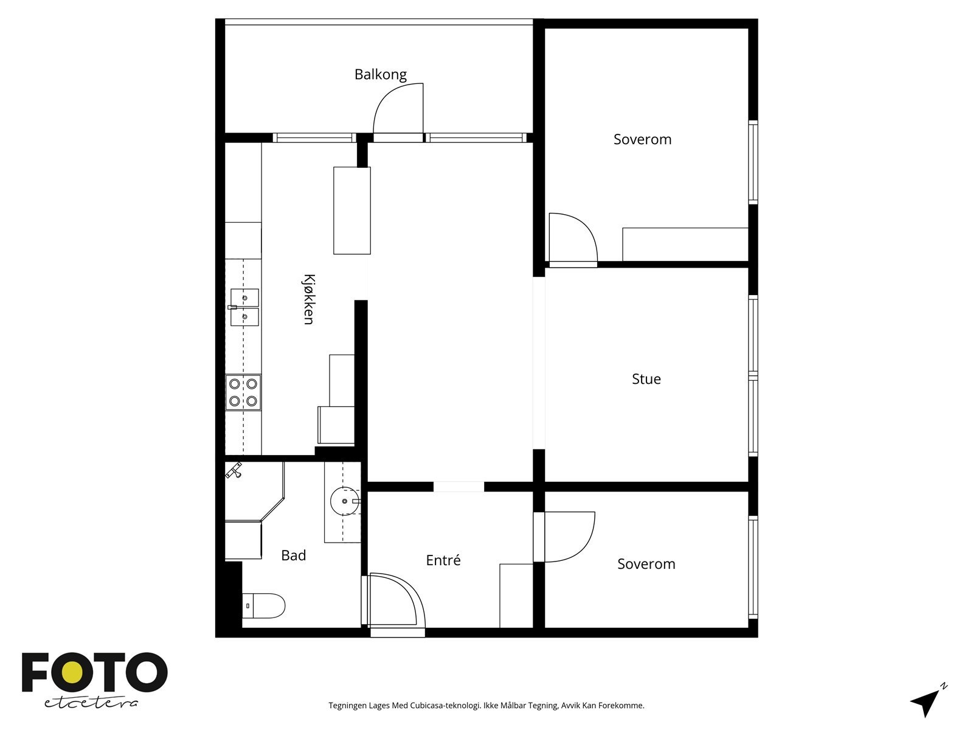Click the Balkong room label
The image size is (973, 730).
point(380,74)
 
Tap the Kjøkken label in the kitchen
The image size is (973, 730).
point(309,299)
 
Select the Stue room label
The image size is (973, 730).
point(646,379)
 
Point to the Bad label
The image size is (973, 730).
point(294,555)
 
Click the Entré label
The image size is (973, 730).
point(443,560)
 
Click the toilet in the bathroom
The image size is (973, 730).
point(263,605)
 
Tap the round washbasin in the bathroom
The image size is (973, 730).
point(344,501)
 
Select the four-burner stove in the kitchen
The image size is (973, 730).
point(243,392)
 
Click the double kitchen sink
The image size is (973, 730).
point(244,308)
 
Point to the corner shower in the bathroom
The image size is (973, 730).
point(254,491)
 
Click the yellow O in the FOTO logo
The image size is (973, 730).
point(72,672)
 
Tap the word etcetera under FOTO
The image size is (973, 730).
point(91,703)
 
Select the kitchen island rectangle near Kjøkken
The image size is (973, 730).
point(352,210)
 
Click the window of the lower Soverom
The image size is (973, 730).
point(753,567)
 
